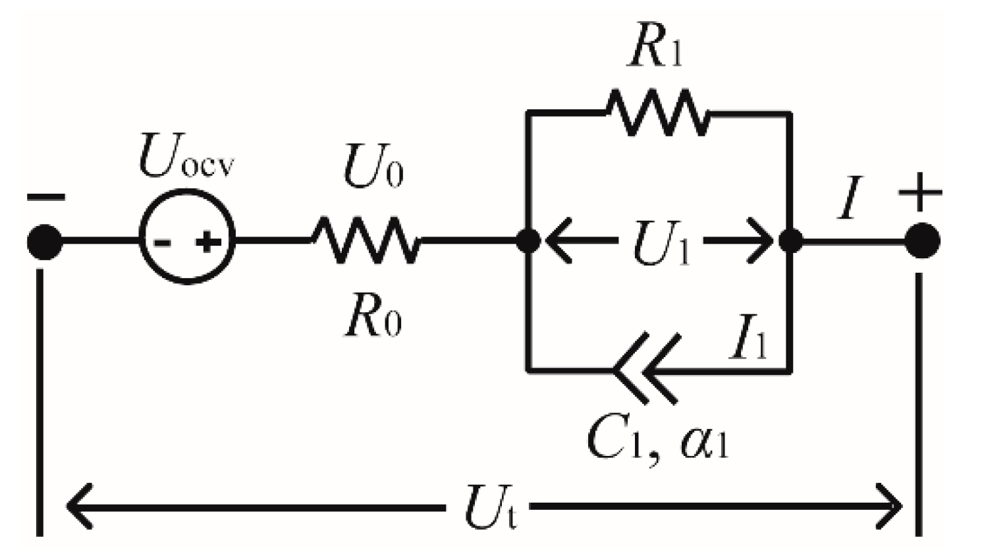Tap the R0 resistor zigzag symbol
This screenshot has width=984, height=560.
(366, 241)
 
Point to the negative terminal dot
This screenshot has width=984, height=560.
(44, 242)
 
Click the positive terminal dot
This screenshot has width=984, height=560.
(921, 241)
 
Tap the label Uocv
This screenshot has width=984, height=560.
(186, 160)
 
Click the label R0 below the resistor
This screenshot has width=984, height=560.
(373, 320)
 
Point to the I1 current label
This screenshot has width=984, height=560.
(748, 339)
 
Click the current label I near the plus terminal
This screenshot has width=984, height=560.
(850, 200)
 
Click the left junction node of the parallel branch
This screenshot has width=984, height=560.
(528, 241)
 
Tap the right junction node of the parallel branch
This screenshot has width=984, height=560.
(790, 241)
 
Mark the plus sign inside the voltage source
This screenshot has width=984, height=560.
(207, 243)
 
